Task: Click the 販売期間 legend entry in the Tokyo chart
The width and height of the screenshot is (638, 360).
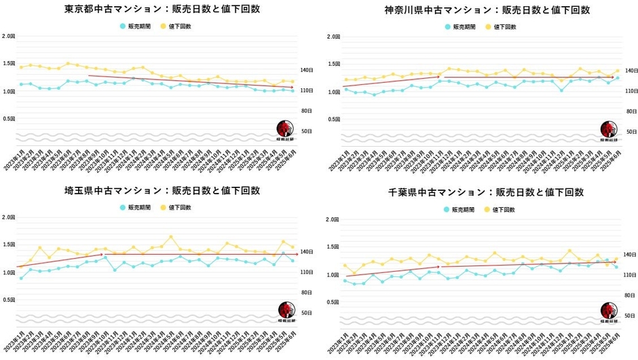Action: tap(139, 26)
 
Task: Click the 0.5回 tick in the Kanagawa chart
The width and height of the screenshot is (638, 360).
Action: tap(333, 119)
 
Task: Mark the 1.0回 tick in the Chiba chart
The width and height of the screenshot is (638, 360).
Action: tap(333, 275)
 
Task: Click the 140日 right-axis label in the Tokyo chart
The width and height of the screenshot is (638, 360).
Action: tap(307, 70)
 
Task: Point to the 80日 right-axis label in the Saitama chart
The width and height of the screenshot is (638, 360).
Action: tap(307, 292)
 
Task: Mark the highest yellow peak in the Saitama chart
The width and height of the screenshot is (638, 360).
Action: tap(171, 237)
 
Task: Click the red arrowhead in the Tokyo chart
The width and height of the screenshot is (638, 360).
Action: tap(293, 86)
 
